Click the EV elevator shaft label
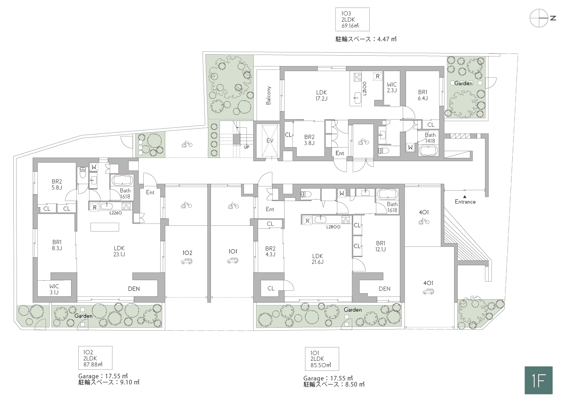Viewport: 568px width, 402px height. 270,140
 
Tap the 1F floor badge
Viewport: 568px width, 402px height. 539,380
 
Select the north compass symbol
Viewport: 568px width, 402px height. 542,18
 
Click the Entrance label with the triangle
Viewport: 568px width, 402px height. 465,200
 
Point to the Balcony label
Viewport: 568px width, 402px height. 268,95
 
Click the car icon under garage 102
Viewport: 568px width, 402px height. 186,261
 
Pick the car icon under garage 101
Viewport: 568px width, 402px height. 232,260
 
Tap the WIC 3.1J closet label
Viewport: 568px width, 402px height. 54,289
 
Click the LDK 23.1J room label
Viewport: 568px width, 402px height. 119,251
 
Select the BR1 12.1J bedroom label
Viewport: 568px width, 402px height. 380,246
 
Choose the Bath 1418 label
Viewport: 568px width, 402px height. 430,138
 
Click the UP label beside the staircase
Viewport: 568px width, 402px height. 246,147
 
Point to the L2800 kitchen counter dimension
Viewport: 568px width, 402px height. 333,227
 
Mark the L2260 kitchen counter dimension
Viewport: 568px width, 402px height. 116,213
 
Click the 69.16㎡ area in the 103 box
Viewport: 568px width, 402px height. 350,25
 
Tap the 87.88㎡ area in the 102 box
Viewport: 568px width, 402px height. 93,365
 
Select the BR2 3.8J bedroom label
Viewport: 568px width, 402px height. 309,140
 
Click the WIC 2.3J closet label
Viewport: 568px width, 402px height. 392,87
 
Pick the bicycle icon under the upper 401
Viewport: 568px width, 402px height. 424,222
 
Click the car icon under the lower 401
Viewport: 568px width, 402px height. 428,292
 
